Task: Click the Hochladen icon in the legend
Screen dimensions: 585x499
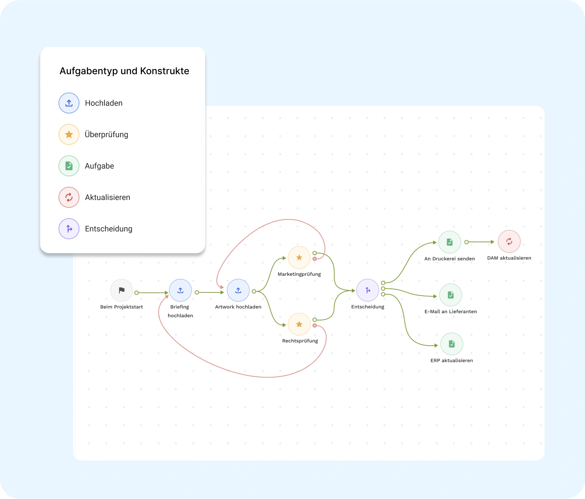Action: (69, 103)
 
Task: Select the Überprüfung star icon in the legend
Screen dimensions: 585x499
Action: (69, 135)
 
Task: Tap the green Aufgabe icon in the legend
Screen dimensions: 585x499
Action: (69, 166)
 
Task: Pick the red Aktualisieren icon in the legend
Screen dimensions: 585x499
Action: (69, 197)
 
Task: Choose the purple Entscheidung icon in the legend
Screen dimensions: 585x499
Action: (69, 229)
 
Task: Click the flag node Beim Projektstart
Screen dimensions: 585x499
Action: (122, 290)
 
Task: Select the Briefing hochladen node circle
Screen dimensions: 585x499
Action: (180, 290)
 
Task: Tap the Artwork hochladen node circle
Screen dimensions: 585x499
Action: (238, 290)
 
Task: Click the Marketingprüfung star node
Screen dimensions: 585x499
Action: (299, 258)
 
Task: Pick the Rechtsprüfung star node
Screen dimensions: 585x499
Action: (299, 324)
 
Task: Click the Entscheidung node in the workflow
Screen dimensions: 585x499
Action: (368, 290)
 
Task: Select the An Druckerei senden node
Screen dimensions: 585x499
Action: (450, 242)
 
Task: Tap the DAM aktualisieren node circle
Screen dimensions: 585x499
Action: (509, 241)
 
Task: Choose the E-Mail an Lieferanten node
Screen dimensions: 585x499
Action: (451, 295)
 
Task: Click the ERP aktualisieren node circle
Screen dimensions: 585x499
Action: (452, 344)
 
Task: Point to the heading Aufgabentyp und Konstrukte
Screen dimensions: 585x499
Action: (124, 71)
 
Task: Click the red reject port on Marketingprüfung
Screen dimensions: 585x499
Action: (315, 259)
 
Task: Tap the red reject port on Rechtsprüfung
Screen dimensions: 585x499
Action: (315, 326)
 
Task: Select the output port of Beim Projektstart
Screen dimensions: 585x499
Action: (136, 293)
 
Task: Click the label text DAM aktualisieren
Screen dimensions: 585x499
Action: (509, 258)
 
